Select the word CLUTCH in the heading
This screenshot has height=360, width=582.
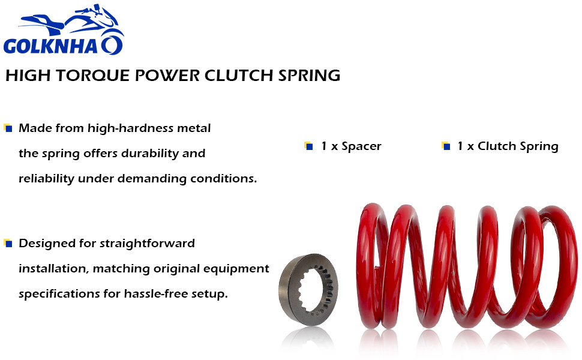[x=239, y=76]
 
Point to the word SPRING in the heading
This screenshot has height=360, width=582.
[x=309, y=76]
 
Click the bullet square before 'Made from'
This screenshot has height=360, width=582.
[x=8, y=128]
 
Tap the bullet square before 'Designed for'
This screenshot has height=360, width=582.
[x=8, y=243]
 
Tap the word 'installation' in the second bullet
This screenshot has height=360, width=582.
[x=53, y=269]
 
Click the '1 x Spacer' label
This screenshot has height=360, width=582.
[x=351, y=146]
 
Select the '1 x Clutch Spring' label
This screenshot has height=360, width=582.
[x=508, y=146]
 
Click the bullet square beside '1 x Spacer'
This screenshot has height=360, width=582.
[x=308, y=146]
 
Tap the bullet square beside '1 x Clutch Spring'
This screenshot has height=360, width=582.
[x=445, y=146]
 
